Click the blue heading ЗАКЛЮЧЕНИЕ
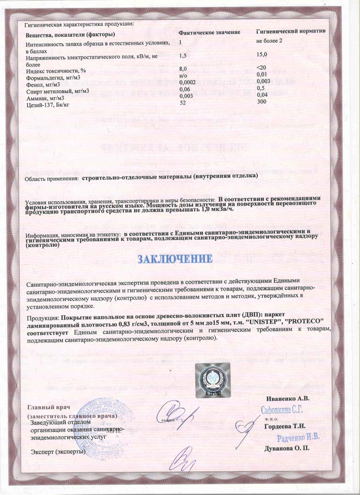(175, 259)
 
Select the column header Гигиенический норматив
(290, 33)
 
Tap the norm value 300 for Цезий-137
(261, 101)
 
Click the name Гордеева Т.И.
(284, 426)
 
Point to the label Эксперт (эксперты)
(58, 452)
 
